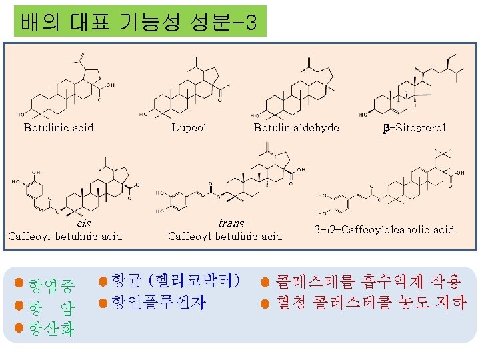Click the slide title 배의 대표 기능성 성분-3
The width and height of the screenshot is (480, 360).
pos(139,21)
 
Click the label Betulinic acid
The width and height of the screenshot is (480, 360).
pos(59,127)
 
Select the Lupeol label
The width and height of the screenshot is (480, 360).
pos(189,127)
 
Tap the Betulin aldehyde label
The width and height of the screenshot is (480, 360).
pos(296,127)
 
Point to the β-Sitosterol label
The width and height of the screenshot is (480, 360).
pos(414,127)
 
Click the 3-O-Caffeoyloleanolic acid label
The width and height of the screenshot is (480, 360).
pos(384,230)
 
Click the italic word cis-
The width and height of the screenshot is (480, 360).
pos(87,223)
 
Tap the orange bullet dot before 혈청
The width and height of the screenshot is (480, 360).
pos(265,305)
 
